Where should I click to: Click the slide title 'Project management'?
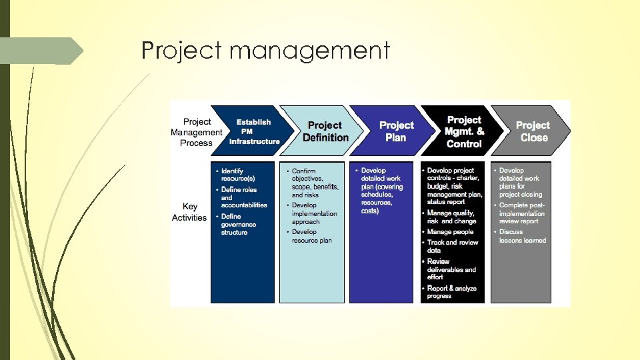[x=265, y=51]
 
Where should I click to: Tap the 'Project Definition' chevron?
[x=325, y=131]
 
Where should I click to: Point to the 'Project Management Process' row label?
[x=196, y=132]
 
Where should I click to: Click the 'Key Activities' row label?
[x=189, y=212]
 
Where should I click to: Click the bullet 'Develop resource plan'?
[x=312, y=236]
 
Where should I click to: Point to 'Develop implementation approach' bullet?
[x=314, y=213]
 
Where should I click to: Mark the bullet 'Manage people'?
[x=451, y=232]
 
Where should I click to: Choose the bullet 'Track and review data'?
[x=453, y=246]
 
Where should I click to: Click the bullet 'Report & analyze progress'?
[x=453, y=292]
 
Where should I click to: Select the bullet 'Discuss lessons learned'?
[x=522, y=236]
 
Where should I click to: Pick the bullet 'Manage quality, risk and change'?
[x=452, y=217]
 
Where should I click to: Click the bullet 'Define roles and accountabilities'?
[x=243, y=197]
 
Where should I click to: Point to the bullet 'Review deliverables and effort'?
[x=452, y=269]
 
